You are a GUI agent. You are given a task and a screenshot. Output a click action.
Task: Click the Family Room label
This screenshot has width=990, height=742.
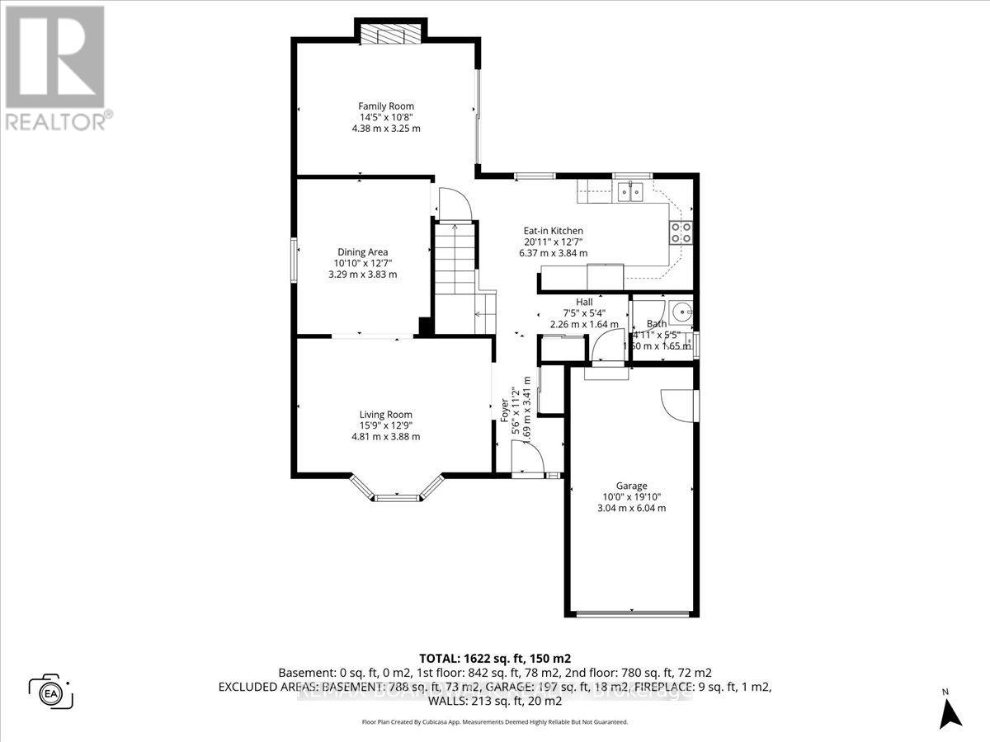[386, 106]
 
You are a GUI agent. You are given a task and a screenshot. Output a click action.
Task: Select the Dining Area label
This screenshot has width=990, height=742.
[362, 252]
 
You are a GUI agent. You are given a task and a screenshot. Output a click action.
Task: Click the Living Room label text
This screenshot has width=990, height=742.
[385, 415]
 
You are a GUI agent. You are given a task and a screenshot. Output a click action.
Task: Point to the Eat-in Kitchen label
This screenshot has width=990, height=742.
[554, 231]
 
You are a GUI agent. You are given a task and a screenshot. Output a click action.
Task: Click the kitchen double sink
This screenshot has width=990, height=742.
[631, 192]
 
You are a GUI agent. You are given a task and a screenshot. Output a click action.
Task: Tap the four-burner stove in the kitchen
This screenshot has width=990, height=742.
[681, 233]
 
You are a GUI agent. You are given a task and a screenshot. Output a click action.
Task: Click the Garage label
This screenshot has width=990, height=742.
[631, 486]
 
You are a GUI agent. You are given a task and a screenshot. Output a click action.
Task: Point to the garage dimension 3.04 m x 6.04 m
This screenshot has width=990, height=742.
[631, 508]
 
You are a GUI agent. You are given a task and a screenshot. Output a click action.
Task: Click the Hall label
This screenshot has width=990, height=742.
[584, 302]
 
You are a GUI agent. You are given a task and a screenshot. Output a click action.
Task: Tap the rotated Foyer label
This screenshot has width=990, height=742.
[506, 411]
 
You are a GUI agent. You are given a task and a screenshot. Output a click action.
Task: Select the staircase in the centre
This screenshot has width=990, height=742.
[454, 264]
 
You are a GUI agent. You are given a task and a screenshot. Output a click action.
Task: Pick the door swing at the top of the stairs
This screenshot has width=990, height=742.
[453, 204]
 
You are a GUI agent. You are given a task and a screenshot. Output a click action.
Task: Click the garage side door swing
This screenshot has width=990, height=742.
[678, 405]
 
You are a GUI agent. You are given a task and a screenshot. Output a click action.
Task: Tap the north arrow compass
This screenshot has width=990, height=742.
[951, 710]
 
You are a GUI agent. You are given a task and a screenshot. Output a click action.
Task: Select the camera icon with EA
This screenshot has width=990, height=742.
[51, 690]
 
